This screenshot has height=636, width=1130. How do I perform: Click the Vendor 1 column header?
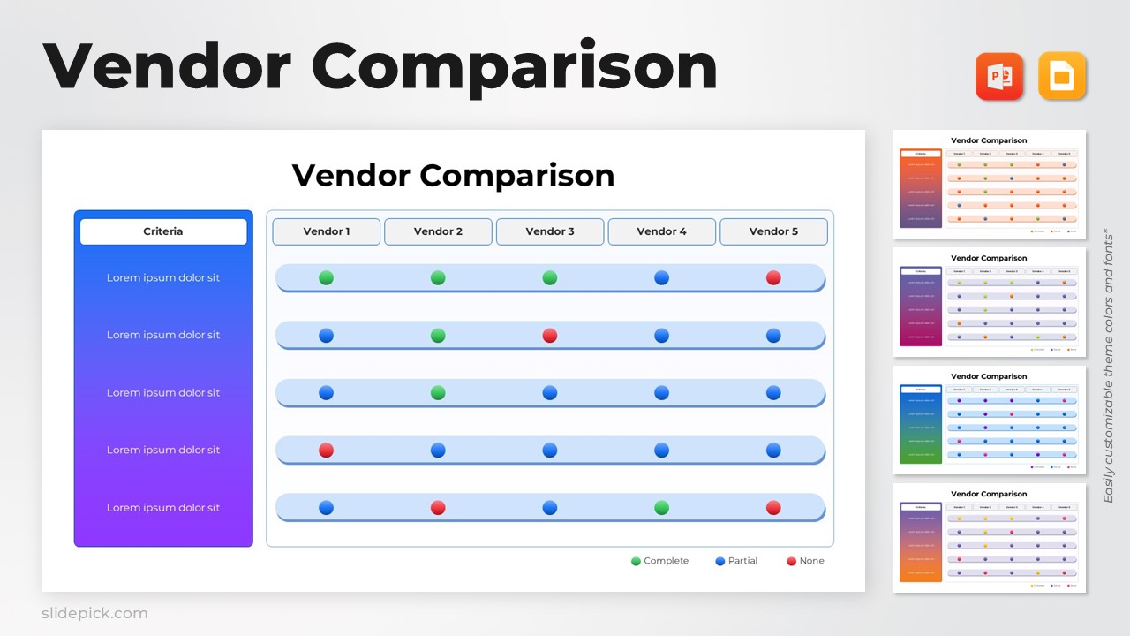click(327, 231)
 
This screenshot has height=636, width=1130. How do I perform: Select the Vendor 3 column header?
click(550, 231)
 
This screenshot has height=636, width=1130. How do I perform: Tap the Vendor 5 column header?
click(773, 231)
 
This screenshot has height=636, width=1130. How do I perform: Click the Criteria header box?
click(163, 231)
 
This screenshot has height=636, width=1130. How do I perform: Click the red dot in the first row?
click(773, 278)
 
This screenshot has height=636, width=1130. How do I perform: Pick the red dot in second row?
click(550, 336)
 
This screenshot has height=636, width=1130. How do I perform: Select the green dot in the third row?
click(438, 393)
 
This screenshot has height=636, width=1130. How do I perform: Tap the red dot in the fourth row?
click(326, 450)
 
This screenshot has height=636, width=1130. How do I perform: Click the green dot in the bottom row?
click(661, 508)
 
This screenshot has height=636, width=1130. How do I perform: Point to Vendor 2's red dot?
click(438, 508)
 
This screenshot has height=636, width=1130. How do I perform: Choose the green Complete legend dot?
click(636, 561)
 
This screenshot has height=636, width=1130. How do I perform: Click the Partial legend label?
click(743, 561)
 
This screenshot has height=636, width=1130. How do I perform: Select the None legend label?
click(811, 561)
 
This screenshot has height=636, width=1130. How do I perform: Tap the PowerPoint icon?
click(999, 76)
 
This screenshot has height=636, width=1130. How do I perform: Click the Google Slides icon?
click(1062, 76)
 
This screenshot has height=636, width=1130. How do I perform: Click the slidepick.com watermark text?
click(94, 613)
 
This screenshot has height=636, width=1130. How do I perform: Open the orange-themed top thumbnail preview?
click(989, 185)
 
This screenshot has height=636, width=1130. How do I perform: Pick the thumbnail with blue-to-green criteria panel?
click(989, 420)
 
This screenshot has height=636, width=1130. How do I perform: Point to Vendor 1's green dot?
click(326, 278)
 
